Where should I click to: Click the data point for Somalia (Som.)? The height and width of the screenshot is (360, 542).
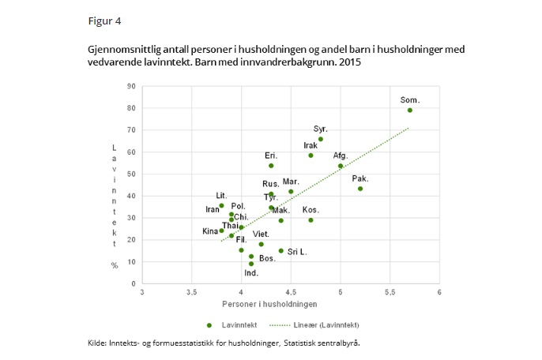pos(409,111)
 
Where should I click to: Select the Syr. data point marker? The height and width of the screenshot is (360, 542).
pos(320,139)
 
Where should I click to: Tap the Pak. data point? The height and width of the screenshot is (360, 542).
pos(360,189)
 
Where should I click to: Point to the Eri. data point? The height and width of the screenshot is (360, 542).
pos(271,166)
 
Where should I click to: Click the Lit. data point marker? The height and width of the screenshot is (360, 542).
pos(221,205)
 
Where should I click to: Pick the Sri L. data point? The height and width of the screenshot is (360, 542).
pos(280,251)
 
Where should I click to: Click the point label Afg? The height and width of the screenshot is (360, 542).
pos(340,156)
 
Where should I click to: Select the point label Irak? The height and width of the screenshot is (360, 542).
pos(311,145)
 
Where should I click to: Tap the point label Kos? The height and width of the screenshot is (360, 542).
pos(311,209)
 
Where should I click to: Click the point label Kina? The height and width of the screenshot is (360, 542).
pos(209,231)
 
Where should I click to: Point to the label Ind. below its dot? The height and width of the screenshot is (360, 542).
pos(251,273)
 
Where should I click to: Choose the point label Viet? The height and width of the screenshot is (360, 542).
pos(261,234)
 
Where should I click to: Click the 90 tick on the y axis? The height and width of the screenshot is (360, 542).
pos(131,87)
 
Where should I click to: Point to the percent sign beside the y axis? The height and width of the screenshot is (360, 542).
pos(114,265)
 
